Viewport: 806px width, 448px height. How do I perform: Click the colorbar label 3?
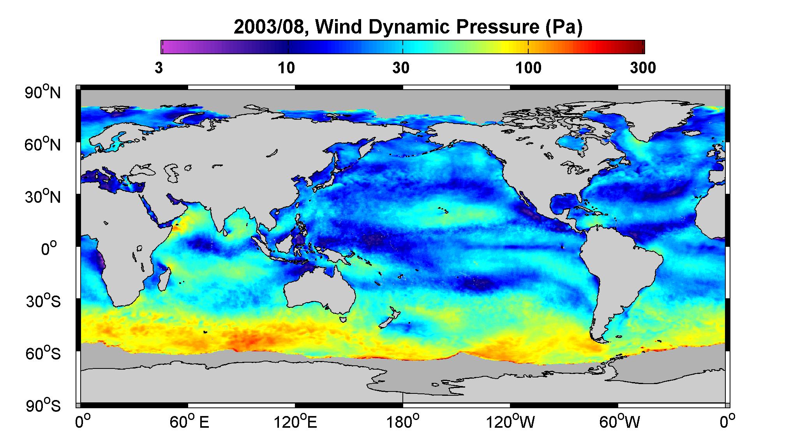tap(159, 68)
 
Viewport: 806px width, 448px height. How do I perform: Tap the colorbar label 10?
tap(286, 68)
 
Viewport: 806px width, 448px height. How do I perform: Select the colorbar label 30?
tap(401, 68)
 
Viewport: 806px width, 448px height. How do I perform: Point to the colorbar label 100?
tap(528, 68)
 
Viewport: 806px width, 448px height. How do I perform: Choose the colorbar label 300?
tap(643, 68)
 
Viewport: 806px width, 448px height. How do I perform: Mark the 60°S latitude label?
tap(43, 354)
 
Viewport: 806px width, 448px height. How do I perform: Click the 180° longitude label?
tap(402, 421)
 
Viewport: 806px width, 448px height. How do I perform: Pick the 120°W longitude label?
tap(510, 421)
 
